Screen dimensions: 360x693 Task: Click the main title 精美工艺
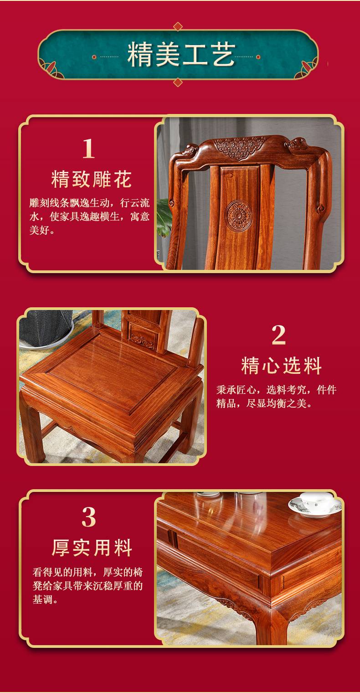click(181, 55)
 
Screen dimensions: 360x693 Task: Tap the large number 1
click(88, 149)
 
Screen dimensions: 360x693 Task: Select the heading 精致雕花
click(92, 179)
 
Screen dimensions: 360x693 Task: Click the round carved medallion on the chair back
click(238, 215)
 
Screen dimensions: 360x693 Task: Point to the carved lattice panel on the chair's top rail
click(240, 147)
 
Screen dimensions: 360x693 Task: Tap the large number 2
click(278, 335)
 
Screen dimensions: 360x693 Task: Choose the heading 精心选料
click(281, 366)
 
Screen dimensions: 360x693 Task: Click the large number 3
click(88, 517)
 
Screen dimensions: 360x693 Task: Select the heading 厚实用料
click(92, 548)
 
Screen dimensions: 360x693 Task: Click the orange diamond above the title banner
click(178, 26)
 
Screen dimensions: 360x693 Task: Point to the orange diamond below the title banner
click(178, 82)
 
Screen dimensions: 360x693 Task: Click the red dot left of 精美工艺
click(94, 57)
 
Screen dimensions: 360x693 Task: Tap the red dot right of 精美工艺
click(258, 57)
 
